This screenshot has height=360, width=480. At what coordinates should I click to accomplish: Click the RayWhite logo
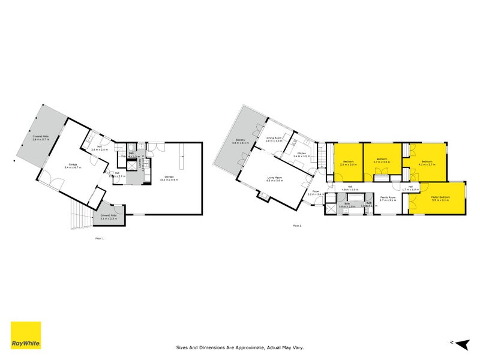[x=26, y=335]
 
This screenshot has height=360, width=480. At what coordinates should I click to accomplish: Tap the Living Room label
[x=275, y=179]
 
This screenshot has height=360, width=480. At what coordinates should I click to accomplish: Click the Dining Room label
[x=274, y=139]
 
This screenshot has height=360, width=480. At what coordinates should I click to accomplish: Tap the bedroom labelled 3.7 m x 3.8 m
[x=382, y=161]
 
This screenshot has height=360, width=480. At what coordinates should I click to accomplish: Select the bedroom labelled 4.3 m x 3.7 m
[x=427, y=163]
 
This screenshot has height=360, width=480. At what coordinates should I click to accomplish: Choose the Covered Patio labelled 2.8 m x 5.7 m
[x=40, y=138]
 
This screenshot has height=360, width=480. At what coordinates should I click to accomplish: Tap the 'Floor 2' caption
[x=297, y=226]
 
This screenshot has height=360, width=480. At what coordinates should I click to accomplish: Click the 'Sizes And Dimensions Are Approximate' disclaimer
[x=240, y=347]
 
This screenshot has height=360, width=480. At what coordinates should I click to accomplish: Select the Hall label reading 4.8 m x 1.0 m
[x=350, y=188]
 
